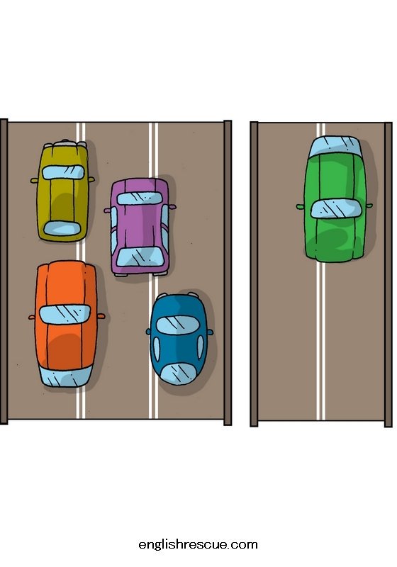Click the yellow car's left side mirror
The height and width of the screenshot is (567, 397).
(x=34, y=180)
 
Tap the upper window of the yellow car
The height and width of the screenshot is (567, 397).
(x=63, y=172)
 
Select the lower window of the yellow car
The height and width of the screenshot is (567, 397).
(x=62, y=228)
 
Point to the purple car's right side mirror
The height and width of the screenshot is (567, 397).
(x=172, y=207)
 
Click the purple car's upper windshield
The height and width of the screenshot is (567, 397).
(x=140, y=198)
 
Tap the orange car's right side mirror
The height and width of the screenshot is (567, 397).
(x=101, y=316)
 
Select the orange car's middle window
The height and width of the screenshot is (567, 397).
(x=65, y=314)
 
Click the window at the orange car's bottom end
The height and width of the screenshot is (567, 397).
(x=65, y=378)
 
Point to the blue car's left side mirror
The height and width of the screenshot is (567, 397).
(x=148, y=331)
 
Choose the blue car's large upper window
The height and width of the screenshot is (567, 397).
(x=177, y=325)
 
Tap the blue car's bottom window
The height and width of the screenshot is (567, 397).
(x=178, y=373)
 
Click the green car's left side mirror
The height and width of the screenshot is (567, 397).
(x=300, y=207)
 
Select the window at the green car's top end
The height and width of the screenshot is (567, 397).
(x=335, y=147)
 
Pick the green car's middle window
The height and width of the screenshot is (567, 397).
(x=336, y=208)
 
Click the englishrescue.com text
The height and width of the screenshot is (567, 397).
(x=198, y=544)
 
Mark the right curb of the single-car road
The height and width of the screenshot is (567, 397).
(x=388, y=274)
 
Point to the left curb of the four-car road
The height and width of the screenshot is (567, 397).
(x=4, y=271)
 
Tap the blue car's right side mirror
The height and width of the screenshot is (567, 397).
(x=210, y=332)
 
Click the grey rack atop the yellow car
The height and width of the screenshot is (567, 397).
(x=65, y=144)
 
